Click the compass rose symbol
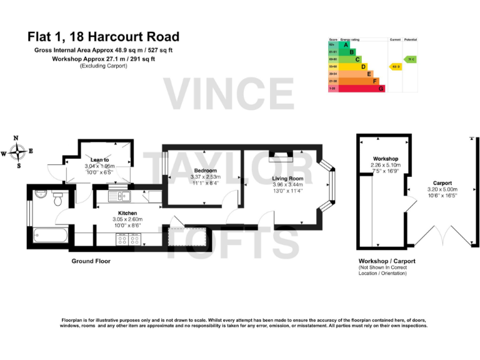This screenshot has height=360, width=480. (18, 151)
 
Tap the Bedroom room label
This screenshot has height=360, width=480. (205, 171)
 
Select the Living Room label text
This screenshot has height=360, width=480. (287, 179)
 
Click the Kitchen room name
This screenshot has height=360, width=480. (127, 213)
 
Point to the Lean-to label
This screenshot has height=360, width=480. (99, 160)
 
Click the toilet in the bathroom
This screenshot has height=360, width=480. (57, 199)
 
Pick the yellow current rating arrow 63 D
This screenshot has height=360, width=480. (395, 66)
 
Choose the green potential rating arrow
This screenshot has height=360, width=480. (409, 59)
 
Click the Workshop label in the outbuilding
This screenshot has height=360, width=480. (386, 159)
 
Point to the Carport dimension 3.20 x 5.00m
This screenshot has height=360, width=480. (442, 189)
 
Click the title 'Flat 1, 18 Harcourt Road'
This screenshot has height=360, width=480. (103, 37)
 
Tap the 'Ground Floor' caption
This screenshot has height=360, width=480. (91, 261)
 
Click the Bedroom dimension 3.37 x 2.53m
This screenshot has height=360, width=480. (205, 177)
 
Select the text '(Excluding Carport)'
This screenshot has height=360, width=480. (103, 66)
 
